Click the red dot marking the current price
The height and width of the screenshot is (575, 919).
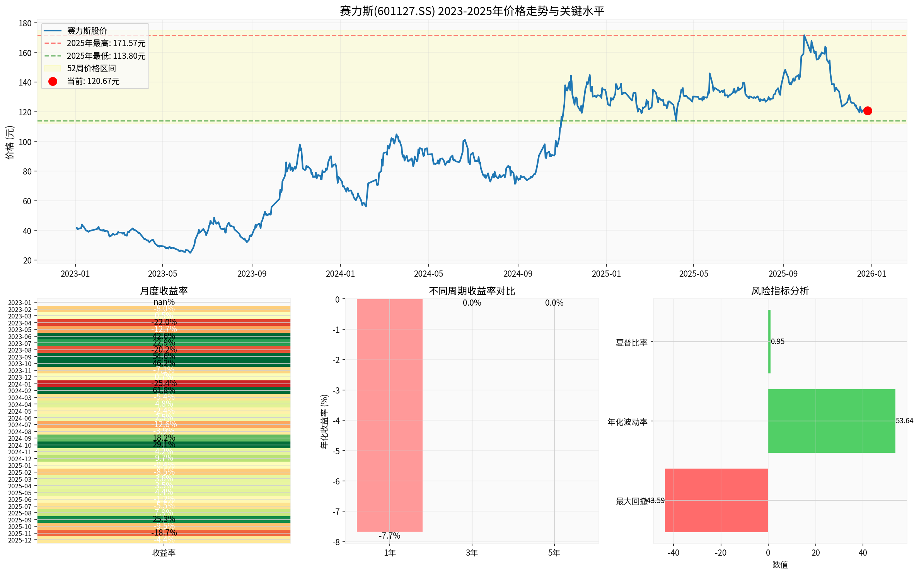(868, 111)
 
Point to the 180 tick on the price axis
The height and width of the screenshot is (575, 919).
(25, 23)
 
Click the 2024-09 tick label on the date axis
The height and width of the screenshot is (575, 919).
(518, 274)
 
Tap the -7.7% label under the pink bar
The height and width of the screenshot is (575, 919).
(389, 536)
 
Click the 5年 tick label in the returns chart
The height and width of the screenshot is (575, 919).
(554, 553)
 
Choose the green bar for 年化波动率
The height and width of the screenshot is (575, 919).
(831, 421)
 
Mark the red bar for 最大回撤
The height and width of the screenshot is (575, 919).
(716, 500)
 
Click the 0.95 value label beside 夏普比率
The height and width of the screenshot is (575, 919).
(777, 342)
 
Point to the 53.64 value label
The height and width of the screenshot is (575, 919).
(904, 421)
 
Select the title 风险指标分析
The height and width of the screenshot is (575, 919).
(780, 291)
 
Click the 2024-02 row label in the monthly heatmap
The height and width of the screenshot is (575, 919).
(20, 391)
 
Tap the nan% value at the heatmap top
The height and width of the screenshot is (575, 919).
(164, 302)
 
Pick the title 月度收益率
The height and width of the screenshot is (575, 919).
(164, 291)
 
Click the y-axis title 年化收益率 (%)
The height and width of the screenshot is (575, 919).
(324, 422)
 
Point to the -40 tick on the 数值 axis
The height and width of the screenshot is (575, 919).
(673, 553)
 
